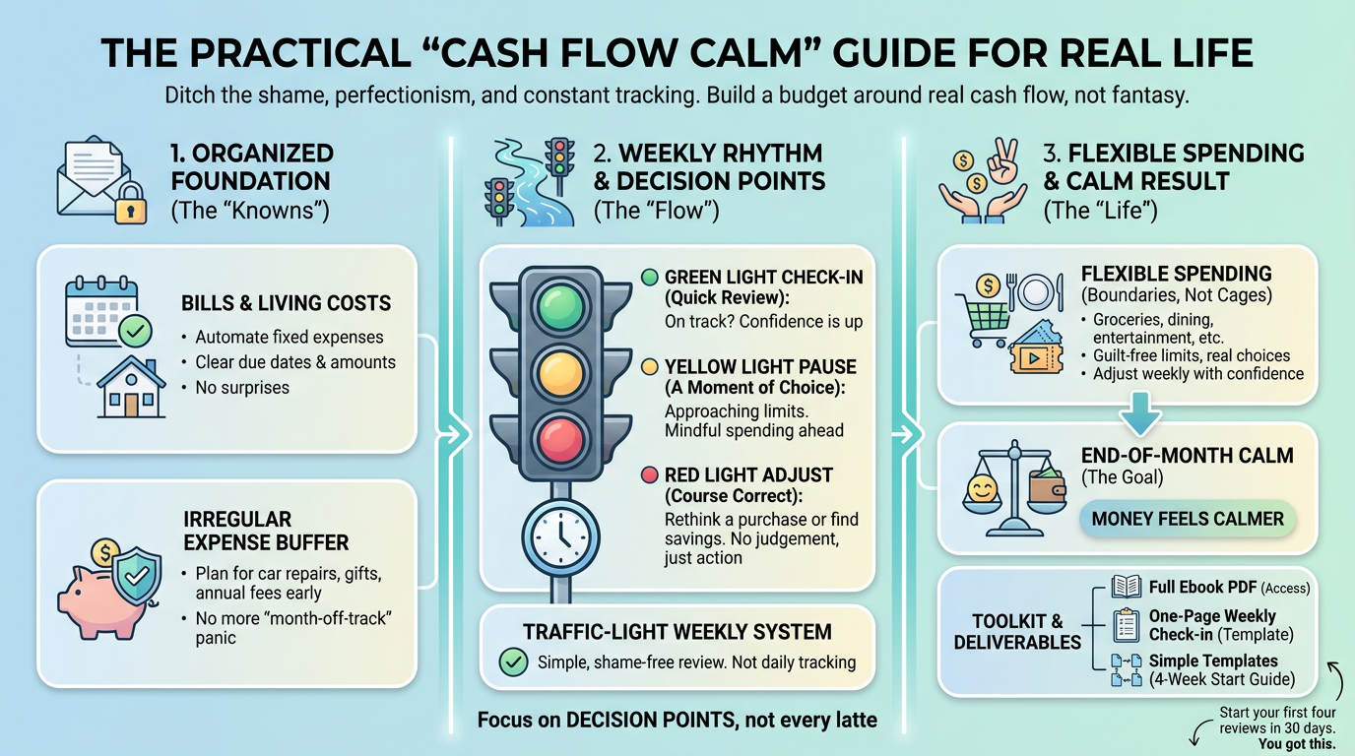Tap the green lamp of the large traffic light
pyautogui.click(x=560, y=307)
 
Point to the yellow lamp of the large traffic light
pyautogui.click(x=560, y=372)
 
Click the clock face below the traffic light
pyautogui.click(x=560, y=536)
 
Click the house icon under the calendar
pyautogui.click(x=131, y=387)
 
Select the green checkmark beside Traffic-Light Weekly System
pyautogui.click(x=514, y=662)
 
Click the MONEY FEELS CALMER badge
pyautogui.click(x=1188, y=519)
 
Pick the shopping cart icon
pyautogui.click(x=983, y=319)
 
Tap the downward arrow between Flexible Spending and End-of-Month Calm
pyautogui.click(x=1140, y=413)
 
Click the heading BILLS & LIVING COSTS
pyautogui.click(x=287, y=303)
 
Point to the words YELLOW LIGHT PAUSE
pyautogui.click(x=760, y=366)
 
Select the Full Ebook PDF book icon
pyautogui.click(x=1127, y=587)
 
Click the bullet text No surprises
pyautogui.click(x=242, y=388)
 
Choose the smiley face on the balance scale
pyautogui.click(x=981, y=488)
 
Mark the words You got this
pyautogui.click(x=1297, y=744)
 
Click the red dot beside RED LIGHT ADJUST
pyautogui.click(x=650, y=474)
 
